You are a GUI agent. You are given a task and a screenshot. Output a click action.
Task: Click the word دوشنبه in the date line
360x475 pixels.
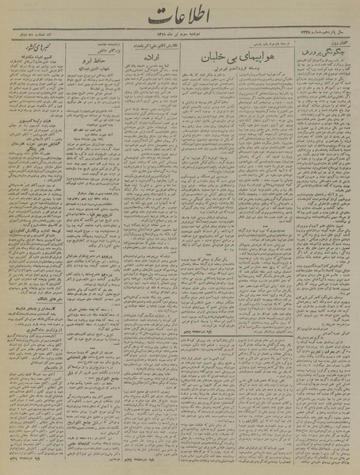197,36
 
